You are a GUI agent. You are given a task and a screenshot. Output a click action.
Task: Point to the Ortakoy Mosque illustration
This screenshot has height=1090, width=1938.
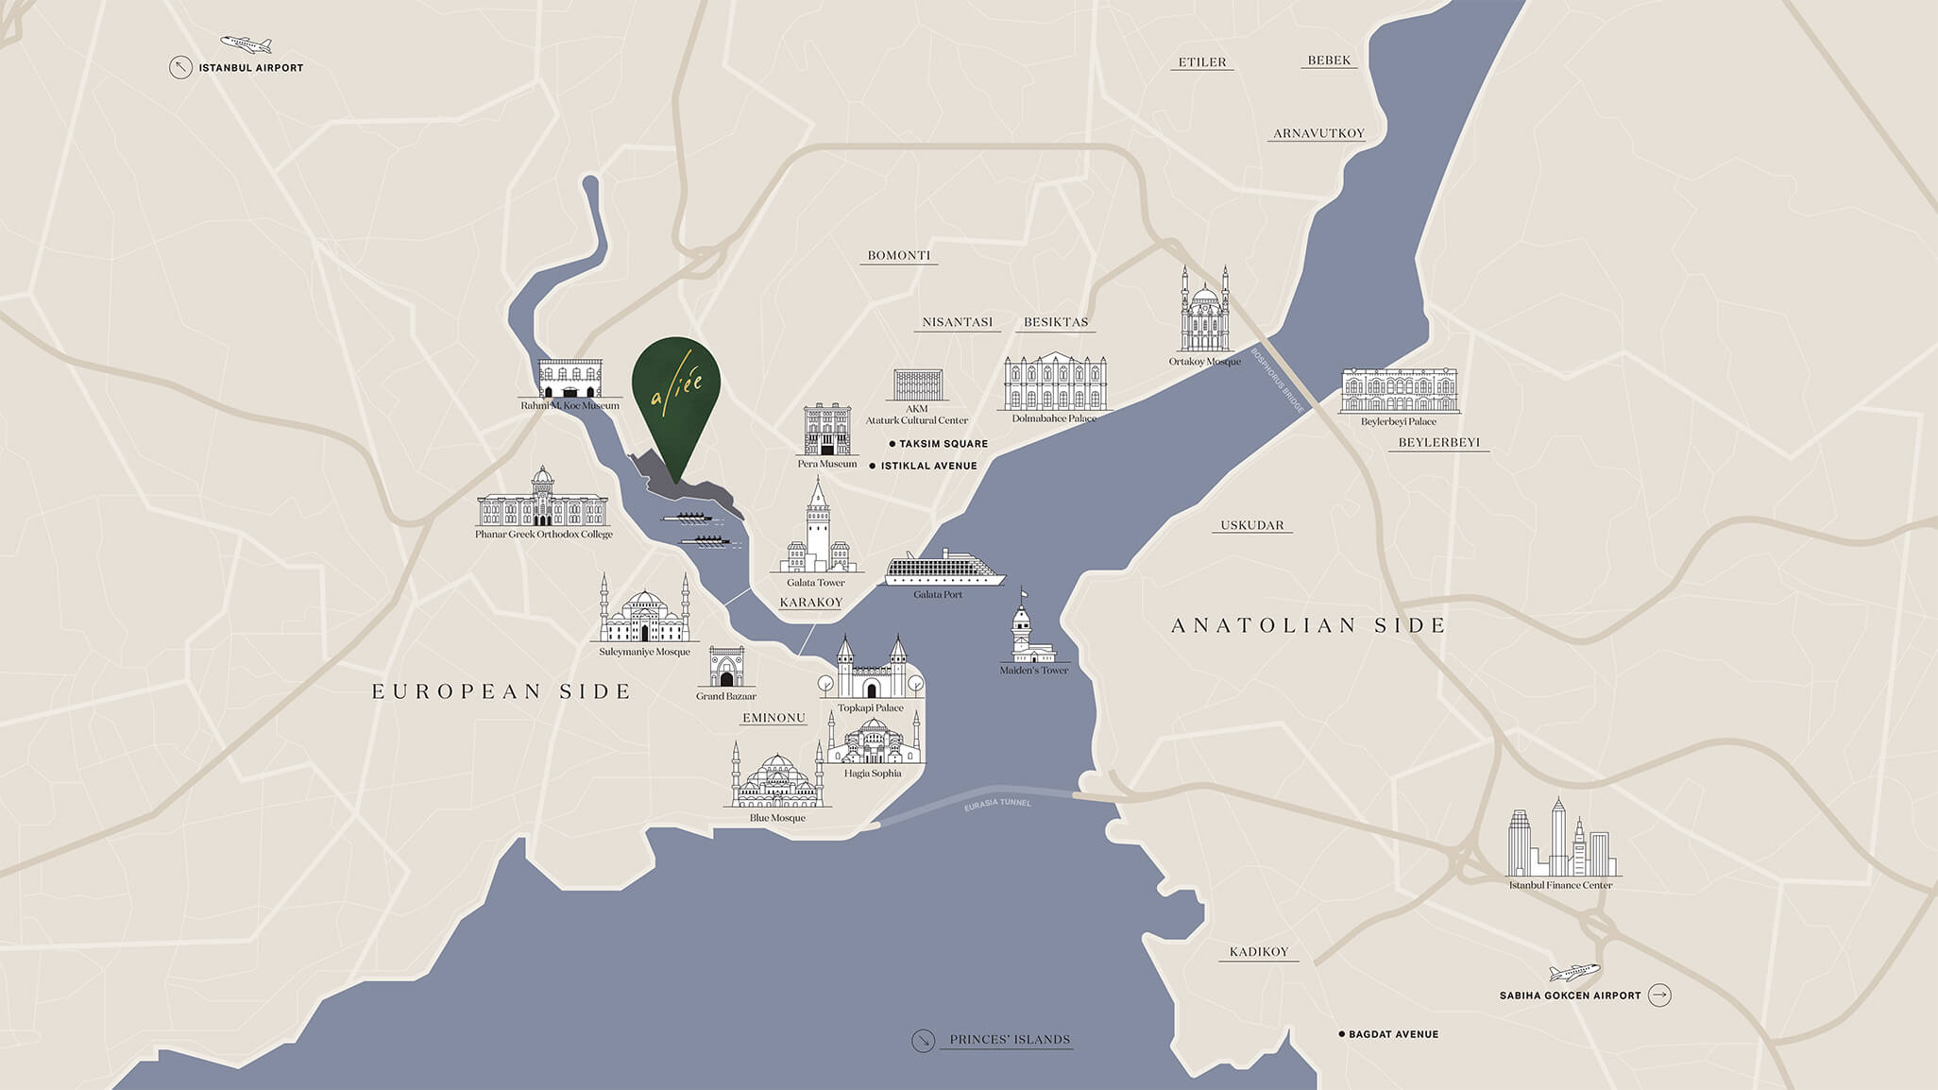[x=1204, y=312]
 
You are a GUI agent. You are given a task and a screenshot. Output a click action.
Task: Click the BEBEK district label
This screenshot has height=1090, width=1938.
[x=1329, y=60]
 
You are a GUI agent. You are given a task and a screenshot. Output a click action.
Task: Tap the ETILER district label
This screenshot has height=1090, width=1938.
[x=1202, y=62]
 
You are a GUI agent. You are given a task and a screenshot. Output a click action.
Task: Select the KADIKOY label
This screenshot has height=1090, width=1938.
[x=1259, y=952]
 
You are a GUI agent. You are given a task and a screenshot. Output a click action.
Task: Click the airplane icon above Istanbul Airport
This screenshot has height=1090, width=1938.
[x=246, y=44]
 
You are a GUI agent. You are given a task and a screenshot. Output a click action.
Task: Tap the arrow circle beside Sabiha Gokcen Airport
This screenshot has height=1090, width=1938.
[x=1659, y=995]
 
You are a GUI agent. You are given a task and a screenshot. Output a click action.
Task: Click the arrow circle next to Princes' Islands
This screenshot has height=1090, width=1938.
[x=923, y=1040]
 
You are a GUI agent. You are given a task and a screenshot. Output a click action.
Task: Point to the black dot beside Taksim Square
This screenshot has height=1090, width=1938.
[x=892, y=444]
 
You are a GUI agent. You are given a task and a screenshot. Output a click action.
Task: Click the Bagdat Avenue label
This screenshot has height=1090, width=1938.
[x=1393, y=1034]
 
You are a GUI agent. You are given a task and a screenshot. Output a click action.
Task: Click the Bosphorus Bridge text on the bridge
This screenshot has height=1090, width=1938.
[x=1278, y=380]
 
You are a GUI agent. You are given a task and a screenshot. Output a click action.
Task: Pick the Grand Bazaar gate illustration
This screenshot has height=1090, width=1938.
[x=726, y=668]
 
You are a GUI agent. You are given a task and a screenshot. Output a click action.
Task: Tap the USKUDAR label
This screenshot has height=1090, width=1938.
[x=1252, y=525]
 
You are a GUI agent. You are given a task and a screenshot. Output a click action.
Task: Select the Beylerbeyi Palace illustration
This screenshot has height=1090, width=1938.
[x=1399, y=391]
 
